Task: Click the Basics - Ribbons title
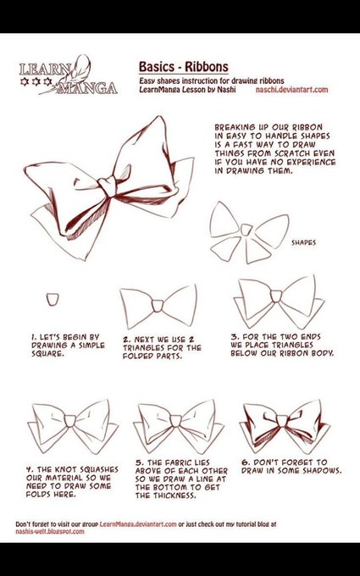click(183, 67)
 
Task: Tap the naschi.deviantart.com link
click(291, 89)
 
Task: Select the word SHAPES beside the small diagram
click(303, 242)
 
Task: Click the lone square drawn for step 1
click(53, 299)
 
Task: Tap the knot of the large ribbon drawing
click(108, 186)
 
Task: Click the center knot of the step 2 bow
click(158, 306)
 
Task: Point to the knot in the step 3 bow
click(276, 296)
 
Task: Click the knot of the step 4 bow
click(69, 421)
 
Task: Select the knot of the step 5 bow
click(175, 421)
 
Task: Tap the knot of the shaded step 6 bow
click(282, 421)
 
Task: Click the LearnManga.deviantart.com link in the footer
click(138, 524)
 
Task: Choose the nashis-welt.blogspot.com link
click(50, 532)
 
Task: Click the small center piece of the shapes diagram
click(246, 230)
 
